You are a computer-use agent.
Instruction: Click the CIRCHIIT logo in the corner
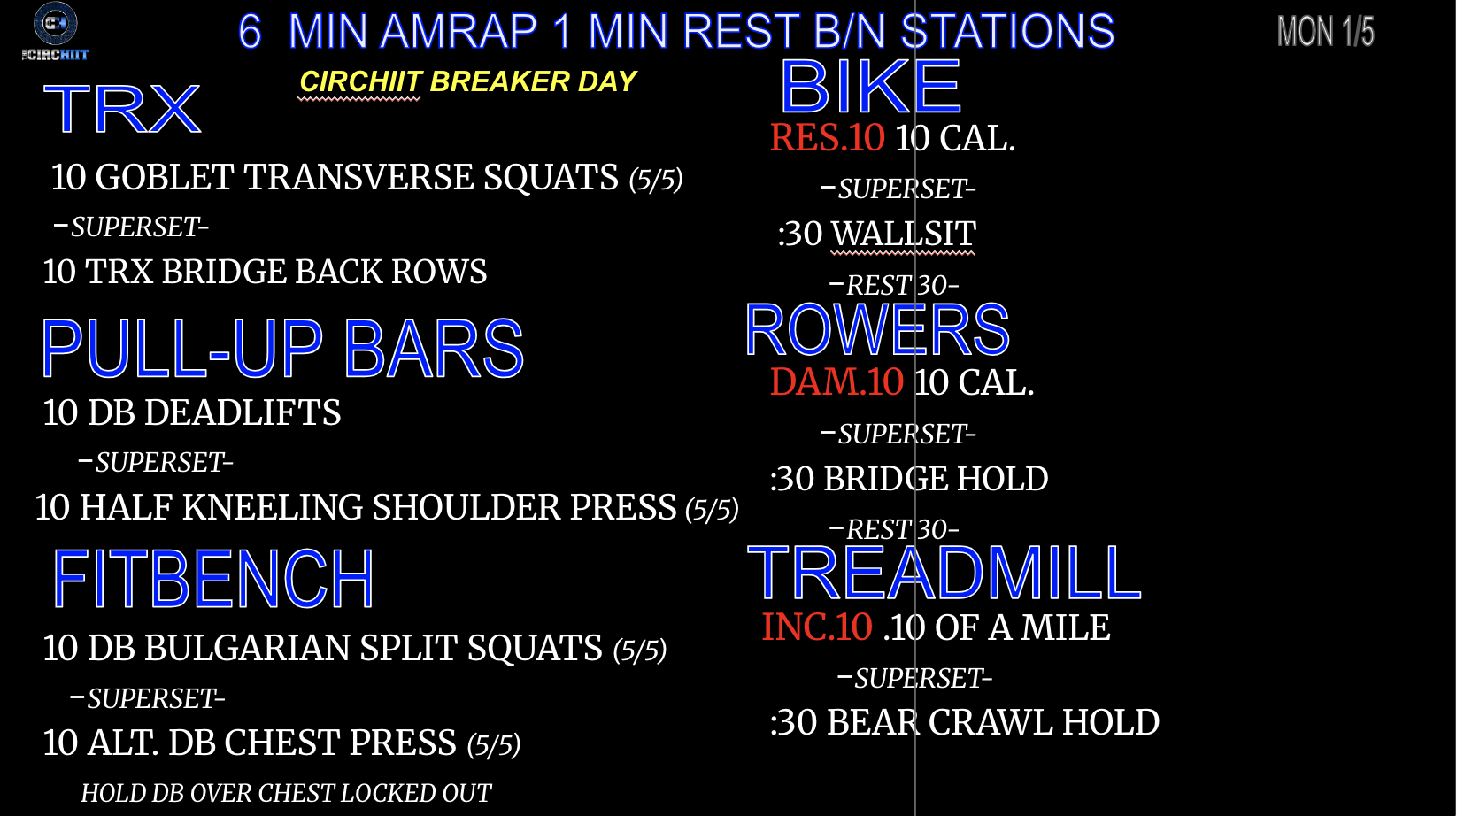pos(55,31)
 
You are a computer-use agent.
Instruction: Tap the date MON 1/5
pos(1326,31)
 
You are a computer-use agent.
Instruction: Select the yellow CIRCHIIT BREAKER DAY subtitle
pos(467,82)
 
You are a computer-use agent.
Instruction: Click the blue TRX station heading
pos(122,109)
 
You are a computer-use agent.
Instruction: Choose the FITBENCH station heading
pos(213,578)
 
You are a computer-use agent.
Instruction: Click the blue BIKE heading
pos(870,86)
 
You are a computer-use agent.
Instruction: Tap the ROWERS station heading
pos(877,329)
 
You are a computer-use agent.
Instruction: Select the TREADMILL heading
pos(944,573)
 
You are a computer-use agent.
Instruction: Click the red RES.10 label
pos(828,138)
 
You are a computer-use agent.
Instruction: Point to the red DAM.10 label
pos(836,381)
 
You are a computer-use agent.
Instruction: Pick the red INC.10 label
pos(817,627)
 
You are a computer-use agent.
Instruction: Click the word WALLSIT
pos(904,234)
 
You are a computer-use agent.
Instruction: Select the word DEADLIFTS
pos(242,412)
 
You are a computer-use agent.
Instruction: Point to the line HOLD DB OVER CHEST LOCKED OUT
pos(286,793)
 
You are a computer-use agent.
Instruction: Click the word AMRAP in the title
pos(459,31)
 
